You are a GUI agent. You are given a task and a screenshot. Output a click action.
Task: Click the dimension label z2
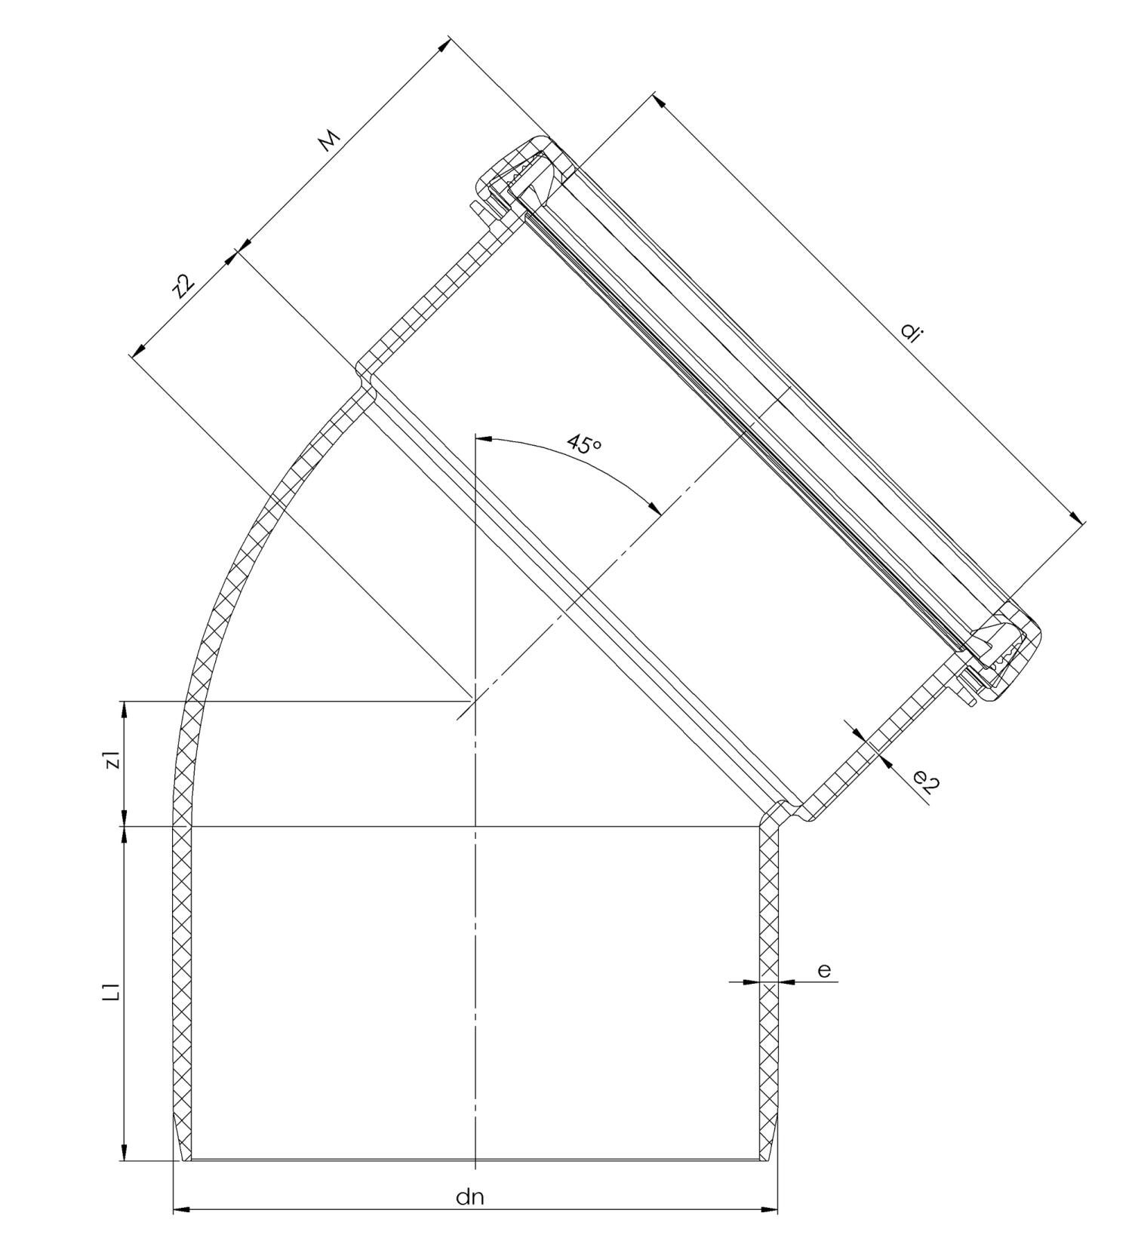(x=183, y=287)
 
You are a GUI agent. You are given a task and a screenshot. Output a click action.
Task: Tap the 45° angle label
(x=585, y=444)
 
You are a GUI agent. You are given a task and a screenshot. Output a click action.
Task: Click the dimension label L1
(x=112, y=992)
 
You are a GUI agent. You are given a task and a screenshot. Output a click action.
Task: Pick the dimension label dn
(x=469, y=1197)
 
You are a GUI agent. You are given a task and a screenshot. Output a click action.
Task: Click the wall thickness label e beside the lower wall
(x=824, y=970)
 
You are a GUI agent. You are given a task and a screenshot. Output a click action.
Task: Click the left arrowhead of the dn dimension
(x=182, y=1209)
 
